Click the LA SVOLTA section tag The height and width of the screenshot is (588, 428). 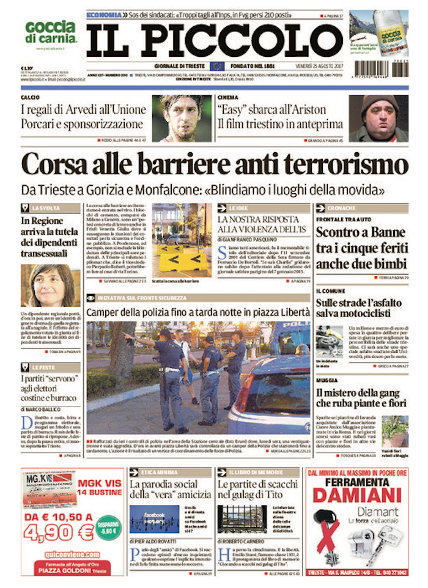pos(45,208)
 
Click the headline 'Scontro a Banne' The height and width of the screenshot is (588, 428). pos(361,232)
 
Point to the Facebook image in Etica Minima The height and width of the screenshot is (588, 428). pos(154,519)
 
